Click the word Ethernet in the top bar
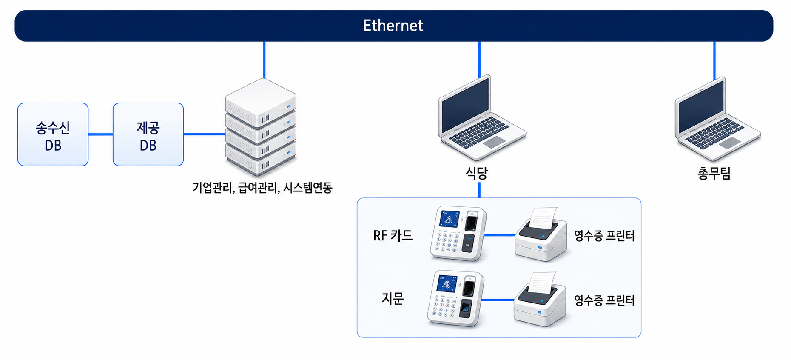[393, 26]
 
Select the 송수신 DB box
[53, 134]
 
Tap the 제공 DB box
[148, 134]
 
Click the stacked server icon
[261, 127]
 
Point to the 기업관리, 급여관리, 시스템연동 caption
[262, 187]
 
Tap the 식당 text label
[476, 173]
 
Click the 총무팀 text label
[714, 173]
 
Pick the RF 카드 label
[393, 235]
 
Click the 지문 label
[392, 298]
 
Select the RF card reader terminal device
[458, 233]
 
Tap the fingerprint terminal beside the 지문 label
[455, 299]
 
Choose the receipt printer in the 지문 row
[540, 299]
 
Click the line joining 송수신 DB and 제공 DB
[101, 134]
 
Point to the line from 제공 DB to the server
[205, 134]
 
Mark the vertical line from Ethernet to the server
[264, 60]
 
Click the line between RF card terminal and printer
[500, 235]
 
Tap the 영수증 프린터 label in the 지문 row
[604, 300]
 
